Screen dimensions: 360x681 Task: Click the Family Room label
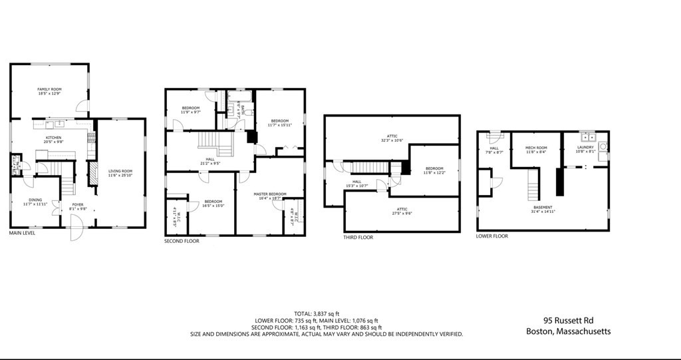pos(49,91)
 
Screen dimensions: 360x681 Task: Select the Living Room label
pos(120,173)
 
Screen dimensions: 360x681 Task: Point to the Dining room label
pos(35,202)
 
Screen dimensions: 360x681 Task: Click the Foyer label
pos(77,207)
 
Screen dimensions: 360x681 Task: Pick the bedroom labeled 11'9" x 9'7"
pos(191,110)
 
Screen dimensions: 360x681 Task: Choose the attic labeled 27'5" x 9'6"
pos(402,211)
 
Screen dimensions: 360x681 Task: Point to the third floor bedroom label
pos(434,170)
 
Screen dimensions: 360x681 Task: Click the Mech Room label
pos(535,149)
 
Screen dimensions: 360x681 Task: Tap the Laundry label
pos(585,149)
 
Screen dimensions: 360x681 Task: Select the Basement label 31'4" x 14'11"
pos(542,209)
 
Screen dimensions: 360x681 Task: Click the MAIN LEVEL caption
pos(22,234)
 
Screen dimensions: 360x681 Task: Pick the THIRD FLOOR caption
pos(358,238)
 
